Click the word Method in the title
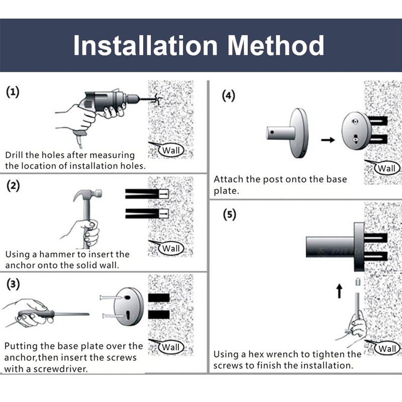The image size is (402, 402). point(276,45)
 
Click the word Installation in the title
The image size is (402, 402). point(145,45)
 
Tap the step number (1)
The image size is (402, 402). point(13,92)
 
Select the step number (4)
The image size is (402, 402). point(229,95)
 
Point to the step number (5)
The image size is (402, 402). point(229,215)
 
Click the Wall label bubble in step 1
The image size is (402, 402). point(171,150)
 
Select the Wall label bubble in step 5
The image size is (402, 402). point(387,348)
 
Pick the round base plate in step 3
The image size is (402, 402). point(129,307)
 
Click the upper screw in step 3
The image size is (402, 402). point(111,297)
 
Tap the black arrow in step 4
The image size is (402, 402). point(328,140)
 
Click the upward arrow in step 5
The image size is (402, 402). point(340,291)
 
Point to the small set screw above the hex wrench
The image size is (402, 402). point(358,281)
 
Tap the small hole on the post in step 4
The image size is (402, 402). point(272,132)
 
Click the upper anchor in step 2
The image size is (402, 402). point(147,194)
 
